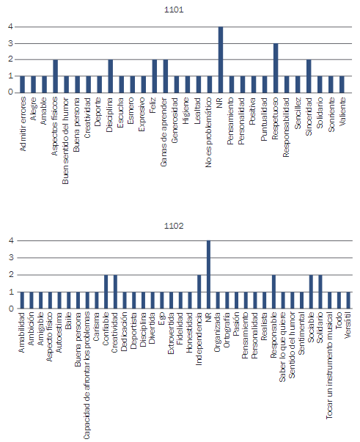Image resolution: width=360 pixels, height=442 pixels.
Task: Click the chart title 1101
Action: point(174,10)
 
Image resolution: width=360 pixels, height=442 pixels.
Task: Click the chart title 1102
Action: point(174,226)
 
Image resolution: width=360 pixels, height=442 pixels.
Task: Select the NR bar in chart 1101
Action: point(221,59)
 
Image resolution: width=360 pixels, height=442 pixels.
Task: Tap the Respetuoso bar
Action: point(276,68)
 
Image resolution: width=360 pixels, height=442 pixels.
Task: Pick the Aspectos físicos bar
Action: point(55,76)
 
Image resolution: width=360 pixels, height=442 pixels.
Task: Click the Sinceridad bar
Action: point(309,76)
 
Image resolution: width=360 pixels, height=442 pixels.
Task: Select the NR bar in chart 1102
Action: point(208,275)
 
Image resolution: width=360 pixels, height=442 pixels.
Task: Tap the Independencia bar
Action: point(199,292)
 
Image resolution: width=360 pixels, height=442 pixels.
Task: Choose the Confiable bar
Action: point(106,292)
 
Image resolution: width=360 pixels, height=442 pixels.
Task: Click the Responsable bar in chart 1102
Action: point(273,292)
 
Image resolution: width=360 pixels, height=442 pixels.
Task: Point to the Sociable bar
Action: point(311,292)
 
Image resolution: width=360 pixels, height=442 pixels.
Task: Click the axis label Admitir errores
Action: point(23,124)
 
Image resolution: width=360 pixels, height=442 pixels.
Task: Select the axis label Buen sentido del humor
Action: point(65,141)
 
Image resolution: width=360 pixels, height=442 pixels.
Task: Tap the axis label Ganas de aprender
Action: point(164,132)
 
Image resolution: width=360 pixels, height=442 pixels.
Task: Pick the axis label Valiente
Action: point(342,111)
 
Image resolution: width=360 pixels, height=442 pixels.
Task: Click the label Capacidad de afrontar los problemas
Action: point(87,375)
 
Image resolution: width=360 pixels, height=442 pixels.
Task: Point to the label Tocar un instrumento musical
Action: point(329,365)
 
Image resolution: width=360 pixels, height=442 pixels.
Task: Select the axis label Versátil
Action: point(348,325)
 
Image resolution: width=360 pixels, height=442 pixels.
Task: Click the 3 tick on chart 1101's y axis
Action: point(11,43)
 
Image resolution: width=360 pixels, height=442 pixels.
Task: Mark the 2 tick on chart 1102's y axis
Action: point(11,275)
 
